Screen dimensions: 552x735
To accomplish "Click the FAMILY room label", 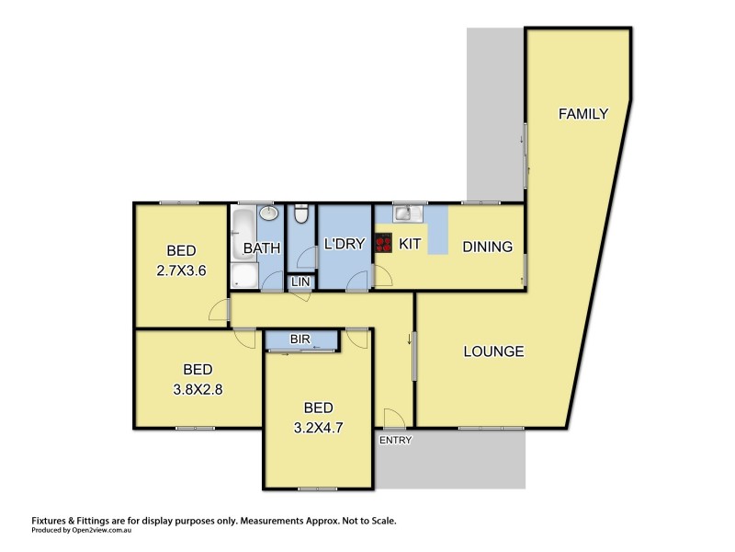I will [583, 115].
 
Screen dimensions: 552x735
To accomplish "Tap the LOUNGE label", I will [493, 351].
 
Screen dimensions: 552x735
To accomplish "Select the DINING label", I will [487, 246].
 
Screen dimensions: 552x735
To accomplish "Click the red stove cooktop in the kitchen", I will [384, 245].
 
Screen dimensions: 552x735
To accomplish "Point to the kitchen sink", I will [404, 214].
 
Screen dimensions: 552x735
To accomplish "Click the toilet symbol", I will [300, 215].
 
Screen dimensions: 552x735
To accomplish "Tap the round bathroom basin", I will [270, 214].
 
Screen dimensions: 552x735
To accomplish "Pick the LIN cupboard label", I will [300, 282].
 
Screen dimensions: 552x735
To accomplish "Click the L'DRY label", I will [345, 244].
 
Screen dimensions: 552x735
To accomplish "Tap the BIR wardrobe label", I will [300, 340].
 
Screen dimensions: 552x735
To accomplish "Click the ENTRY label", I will [394, 440].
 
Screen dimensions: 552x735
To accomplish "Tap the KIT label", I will [410, 245].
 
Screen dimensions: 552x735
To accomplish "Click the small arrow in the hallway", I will [409, 340].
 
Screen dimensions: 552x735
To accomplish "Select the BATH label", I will [261, 247].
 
